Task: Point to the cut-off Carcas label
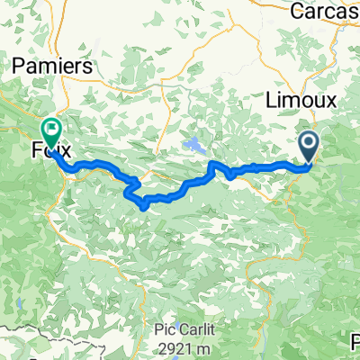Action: (328, 11)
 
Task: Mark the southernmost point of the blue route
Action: (144, 206)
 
